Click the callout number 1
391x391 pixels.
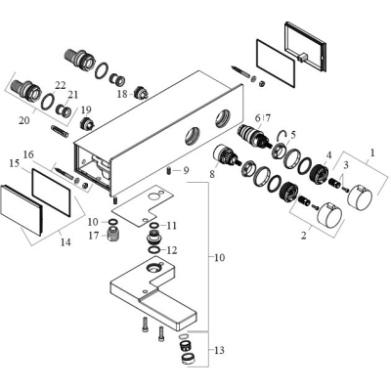point(371,152)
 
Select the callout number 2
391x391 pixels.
point(304,236)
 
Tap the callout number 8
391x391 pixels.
point(212,174)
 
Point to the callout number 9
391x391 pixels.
point(186,170)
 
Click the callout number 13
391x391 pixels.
point(220,351)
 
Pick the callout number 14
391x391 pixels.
point(65,242)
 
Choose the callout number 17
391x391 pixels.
point(94,236)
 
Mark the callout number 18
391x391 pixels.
point(122,94)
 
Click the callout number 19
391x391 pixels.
point(86,109)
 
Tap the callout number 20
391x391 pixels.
point(24,120)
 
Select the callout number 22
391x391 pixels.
point(61,85)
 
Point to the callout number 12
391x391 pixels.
point(172,250)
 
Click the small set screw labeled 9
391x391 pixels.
point(169,170)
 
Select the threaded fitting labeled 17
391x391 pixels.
point(112,234)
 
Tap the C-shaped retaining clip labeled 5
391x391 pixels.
point(282,135)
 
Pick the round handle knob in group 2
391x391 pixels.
point(329,215)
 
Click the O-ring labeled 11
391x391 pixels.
point(153,226)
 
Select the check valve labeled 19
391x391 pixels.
point(87,123)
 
